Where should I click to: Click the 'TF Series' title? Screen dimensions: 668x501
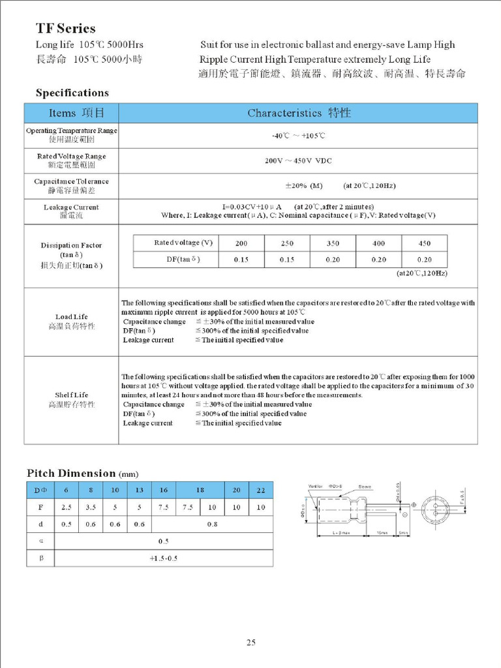tap(65, 29)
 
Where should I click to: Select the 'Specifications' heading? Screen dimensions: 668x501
tap(72, 93)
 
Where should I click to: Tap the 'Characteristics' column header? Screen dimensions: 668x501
tap(299, 113)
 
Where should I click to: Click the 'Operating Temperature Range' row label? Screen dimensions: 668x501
tap(72, 130)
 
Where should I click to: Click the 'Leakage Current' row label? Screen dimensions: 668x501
tap(72, 207)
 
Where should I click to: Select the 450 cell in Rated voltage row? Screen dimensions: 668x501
tap(424, 243)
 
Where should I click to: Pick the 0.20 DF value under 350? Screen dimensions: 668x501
tap(333, 259)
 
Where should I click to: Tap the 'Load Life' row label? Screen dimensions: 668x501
tap(72, 316)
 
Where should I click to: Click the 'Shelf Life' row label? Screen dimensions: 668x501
tap(72, 395)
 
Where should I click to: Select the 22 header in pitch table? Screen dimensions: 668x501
tap(261, 490)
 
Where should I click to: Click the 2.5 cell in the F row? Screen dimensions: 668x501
tap(65, 507)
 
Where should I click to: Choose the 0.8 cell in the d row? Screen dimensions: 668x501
tap(212, 524)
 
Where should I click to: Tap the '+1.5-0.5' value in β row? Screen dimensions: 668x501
tap(163, 558)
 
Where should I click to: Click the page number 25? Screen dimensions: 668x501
tap(250, 643)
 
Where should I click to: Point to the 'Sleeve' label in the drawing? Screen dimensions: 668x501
tap(365, 486)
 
